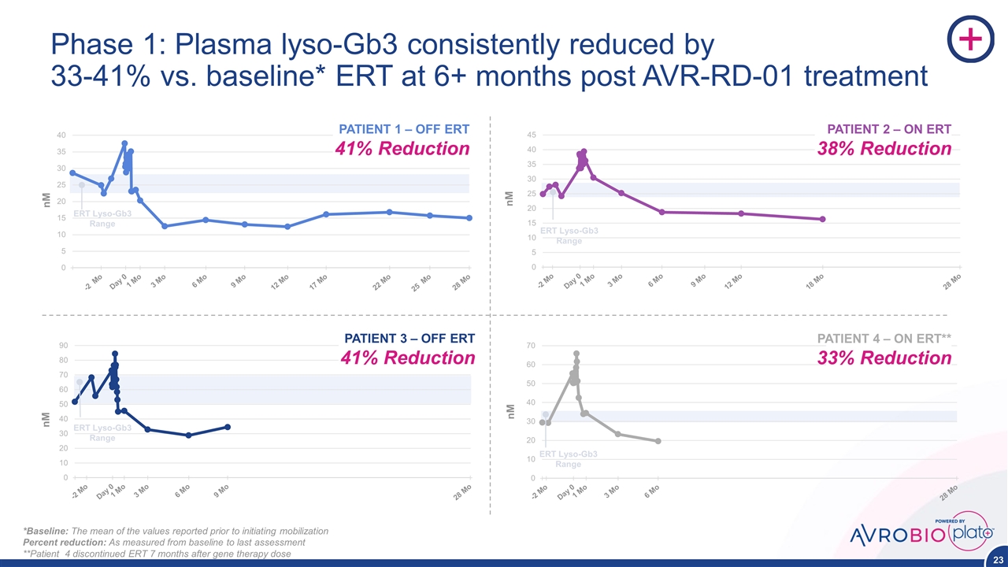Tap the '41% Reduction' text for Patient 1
coord(403,149)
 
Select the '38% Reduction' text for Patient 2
coord(884,149)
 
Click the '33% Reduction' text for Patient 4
coord(884,358)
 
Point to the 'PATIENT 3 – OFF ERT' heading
coord(409,339)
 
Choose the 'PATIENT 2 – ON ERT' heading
coord(888,129)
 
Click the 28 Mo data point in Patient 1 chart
coord(469,218)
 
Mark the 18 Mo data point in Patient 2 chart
coord(822,219)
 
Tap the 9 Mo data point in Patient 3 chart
coord(228,427)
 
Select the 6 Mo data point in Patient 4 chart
coord(658,441)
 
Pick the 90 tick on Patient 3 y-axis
coord(61,345)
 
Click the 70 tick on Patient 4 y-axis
coord(532,346)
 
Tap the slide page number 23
coord(995,558)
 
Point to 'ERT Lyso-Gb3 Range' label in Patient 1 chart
coord(102,219)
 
